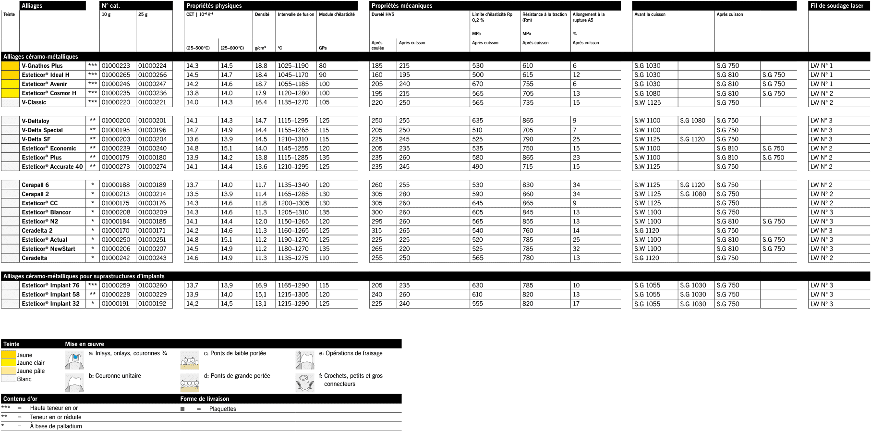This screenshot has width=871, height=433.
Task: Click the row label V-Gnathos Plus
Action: click(42, 66)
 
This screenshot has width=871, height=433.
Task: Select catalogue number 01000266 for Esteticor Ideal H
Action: click(152, 75)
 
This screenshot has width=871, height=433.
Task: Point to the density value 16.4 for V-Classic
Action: click(261, 102)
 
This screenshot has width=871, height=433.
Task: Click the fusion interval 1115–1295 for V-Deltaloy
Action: click(293, 121)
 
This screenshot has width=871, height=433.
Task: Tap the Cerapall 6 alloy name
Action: click(35, 185)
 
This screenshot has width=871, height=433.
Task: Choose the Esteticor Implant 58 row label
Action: click(50, 295)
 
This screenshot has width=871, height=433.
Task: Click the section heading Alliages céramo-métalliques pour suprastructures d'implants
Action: click(84, 276)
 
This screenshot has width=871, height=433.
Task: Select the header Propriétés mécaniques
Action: click(402, 6)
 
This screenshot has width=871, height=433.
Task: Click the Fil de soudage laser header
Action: click(836, 6)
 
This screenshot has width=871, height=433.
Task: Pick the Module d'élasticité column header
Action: click(337, 14)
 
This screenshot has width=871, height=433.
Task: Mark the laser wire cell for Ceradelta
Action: click(822, 258)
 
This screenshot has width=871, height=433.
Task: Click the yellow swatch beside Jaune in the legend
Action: click(9, 355)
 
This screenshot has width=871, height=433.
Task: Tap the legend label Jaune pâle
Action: click(31, 371)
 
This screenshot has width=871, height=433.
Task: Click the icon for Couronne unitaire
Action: click(74, 383)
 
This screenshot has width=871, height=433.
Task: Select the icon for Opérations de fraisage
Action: click(305, 359)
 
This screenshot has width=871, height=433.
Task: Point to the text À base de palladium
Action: click(56, 426)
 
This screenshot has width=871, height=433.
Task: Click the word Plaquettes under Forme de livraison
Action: click(223, 409)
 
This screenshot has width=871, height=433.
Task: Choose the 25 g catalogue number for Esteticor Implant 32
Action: click(152, 304)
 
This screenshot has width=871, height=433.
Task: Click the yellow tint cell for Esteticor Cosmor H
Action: click(10, 93)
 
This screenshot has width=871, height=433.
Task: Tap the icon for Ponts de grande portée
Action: click(190, 383)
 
